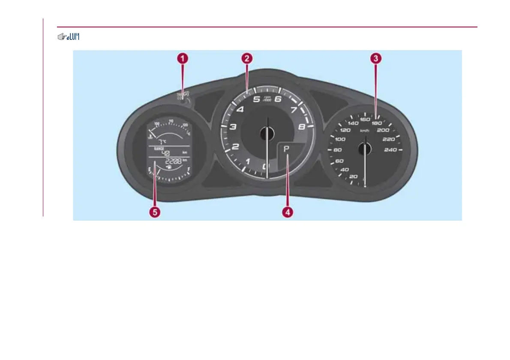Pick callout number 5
tap(154, 211)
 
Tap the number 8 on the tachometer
tap(302, 127)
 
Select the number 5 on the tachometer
tap(256, 100)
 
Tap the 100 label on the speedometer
tap(340, 139)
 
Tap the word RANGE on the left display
tap(159, 148)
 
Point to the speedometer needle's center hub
tap(365, 149)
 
